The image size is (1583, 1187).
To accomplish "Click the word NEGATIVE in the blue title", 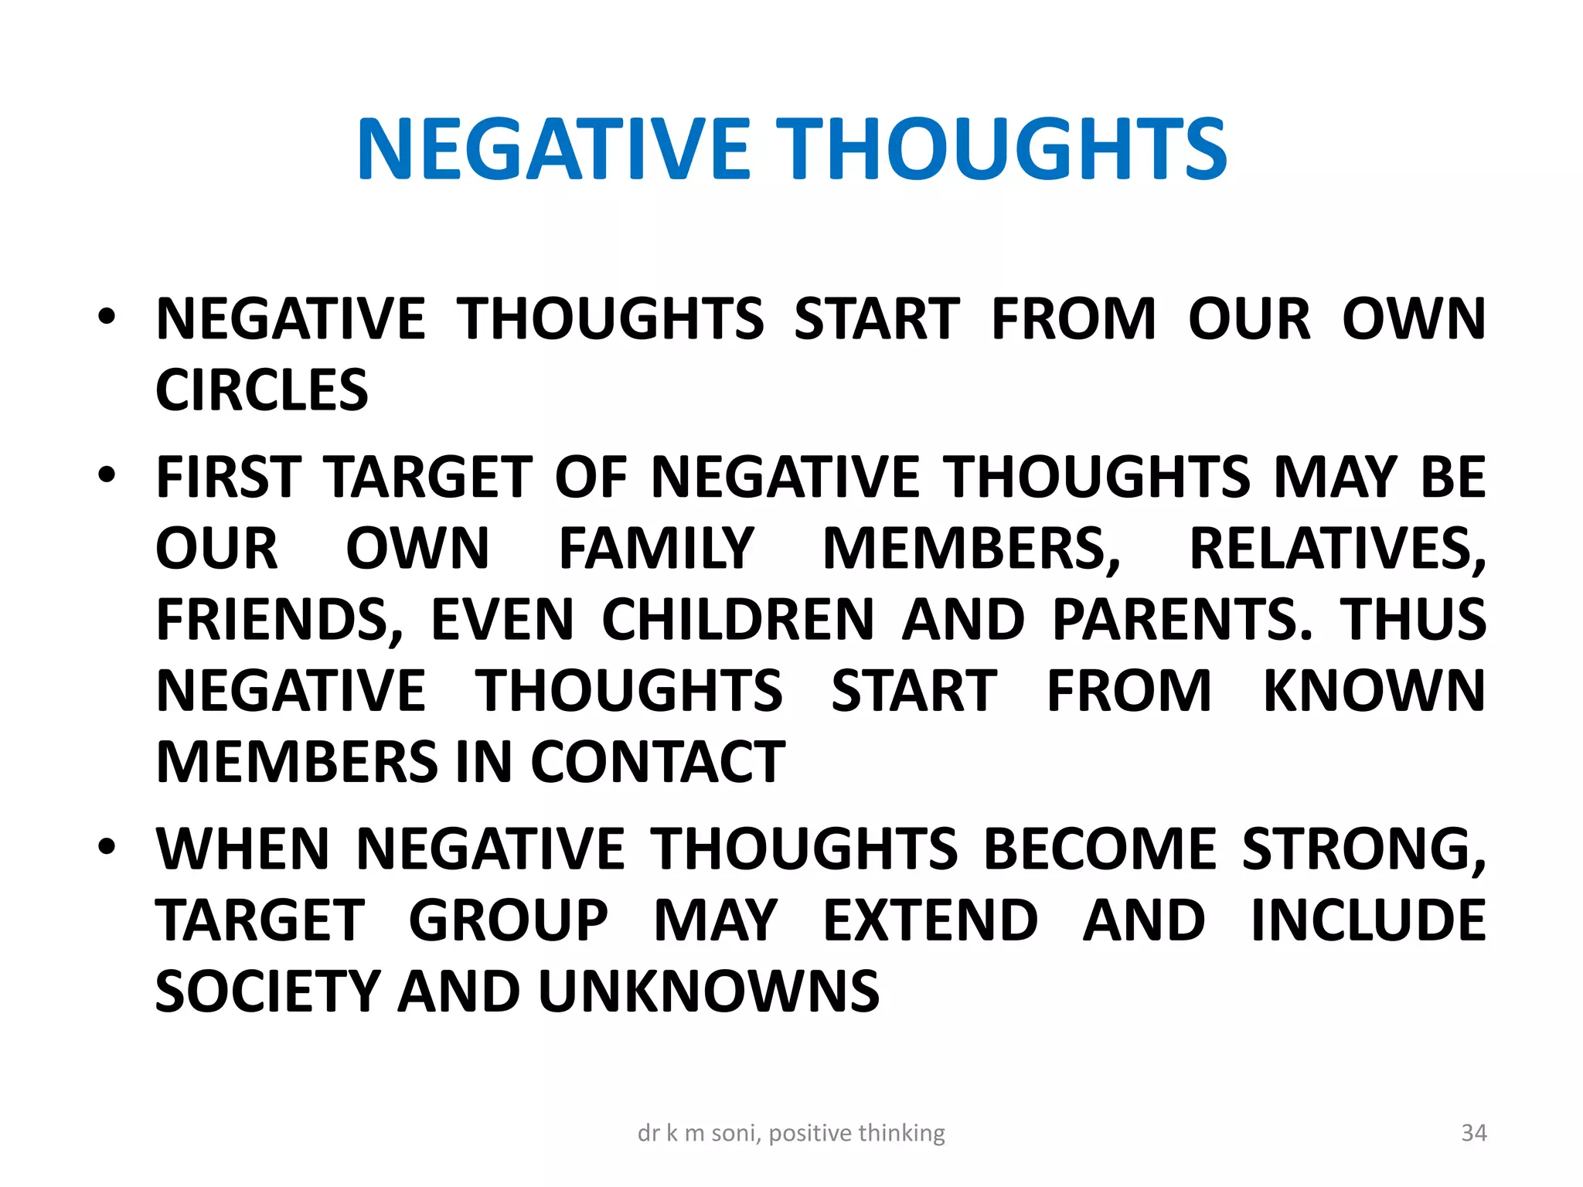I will click(553, 150).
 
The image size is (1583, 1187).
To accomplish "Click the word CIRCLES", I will click(262, 389).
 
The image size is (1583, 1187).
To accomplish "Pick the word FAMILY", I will click(656, 549).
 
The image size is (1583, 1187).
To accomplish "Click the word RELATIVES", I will click(1335, 549).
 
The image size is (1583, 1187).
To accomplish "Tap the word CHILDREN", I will click(737, 620).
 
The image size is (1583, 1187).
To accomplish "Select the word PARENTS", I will click(1180, 620).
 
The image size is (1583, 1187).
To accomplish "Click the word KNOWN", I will click(1374, 691).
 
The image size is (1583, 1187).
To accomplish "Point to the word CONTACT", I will click(658, 762).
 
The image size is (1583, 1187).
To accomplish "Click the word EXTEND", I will click(931, 920).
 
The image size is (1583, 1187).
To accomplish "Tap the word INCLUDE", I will click(1368, 920).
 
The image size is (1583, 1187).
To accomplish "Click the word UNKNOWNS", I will click(709, 991).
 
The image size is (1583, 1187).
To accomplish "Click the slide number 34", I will click(1473, 1133).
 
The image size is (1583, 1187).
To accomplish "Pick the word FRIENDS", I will click(278, 620).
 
